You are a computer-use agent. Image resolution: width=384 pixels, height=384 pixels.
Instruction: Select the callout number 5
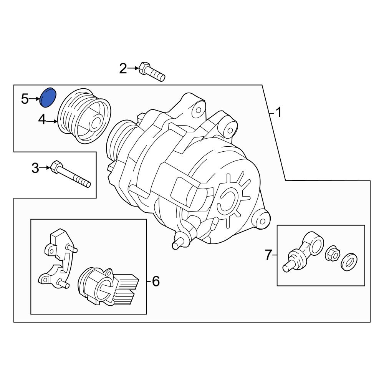click(x=25, y=99)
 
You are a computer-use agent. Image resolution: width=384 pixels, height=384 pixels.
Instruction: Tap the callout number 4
click(x=42, y=121)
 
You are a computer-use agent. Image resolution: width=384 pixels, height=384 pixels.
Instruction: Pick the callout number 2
click(x=123, y=69)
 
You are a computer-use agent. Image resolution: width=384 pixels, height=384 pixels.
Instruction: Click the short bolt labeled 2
click(x=151, y=72)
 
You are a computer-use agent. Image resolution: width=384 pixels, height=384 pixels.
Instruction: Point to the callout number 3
click(x=35, y=168)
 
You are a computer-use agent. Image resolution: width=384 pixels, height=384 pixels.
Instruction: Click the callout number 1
click(x=278, y=113)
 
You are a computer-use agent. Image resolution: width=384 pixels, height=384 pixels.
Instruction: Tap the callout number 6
click(x=155, y=281)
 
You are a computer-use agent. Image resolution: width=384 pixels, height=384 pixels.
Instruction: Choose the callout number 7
click(x=268, y=255)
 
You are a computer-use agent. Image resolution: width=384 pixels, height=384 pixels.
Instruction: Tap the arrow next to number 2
click(x=133, y=68)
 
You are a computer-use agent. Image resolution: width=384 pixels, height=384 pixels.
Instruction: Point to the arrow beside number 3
click(x=45, y=167)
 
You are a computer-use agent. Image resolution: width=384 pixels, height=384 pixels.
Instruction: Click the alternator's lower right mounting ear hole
click(x=263, y=221)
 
